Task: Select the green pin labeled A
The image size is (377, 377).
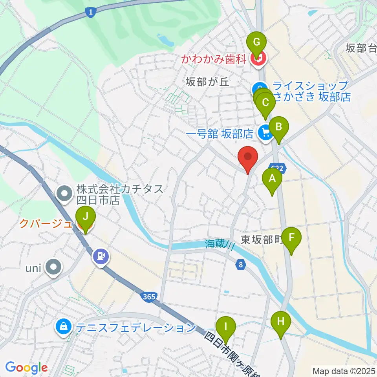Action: pyautogui.click(x=272, y=179)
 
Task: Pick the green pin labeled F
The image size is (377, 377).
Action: pyautogui.click(x=291, y=238)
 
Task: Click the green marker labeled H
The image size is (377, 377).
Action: pyautogui.click(x=281, y=322)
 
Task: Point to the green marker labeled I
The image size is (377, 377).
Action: pyautogui.click(x=226, y=327)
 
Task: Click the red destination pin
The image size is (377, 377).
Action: pyautogui.click(x=248, y=157)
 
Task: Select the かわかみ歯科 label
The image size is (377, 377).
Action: pyautogui.click(x=214, y=59)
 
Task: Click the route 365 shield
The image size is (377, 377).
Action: pyautogui.click(x=149, y=297)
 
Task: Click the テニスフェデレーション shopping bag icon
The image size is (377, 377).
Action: pyautogui.click(x=63, y=326)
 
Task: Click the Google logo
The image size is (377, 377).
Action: pyautogui.click(x=26, y=368)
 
